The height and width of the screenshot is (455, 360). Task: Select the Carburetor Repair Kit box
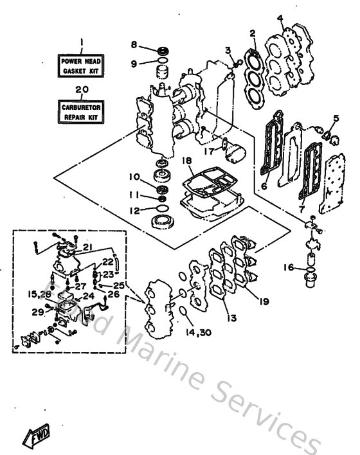82,113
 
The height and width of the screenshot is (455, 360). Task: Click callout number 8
134,45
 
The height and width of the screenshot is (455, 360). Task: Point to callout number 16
290,267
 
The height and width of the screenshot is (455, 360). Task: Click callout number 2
253,32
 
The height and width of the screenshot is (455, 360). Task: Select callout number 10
134,177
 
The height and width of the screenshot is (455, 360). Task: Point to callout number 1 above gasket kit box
82,42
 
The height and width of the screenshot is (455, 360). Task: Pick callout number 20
82,90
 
